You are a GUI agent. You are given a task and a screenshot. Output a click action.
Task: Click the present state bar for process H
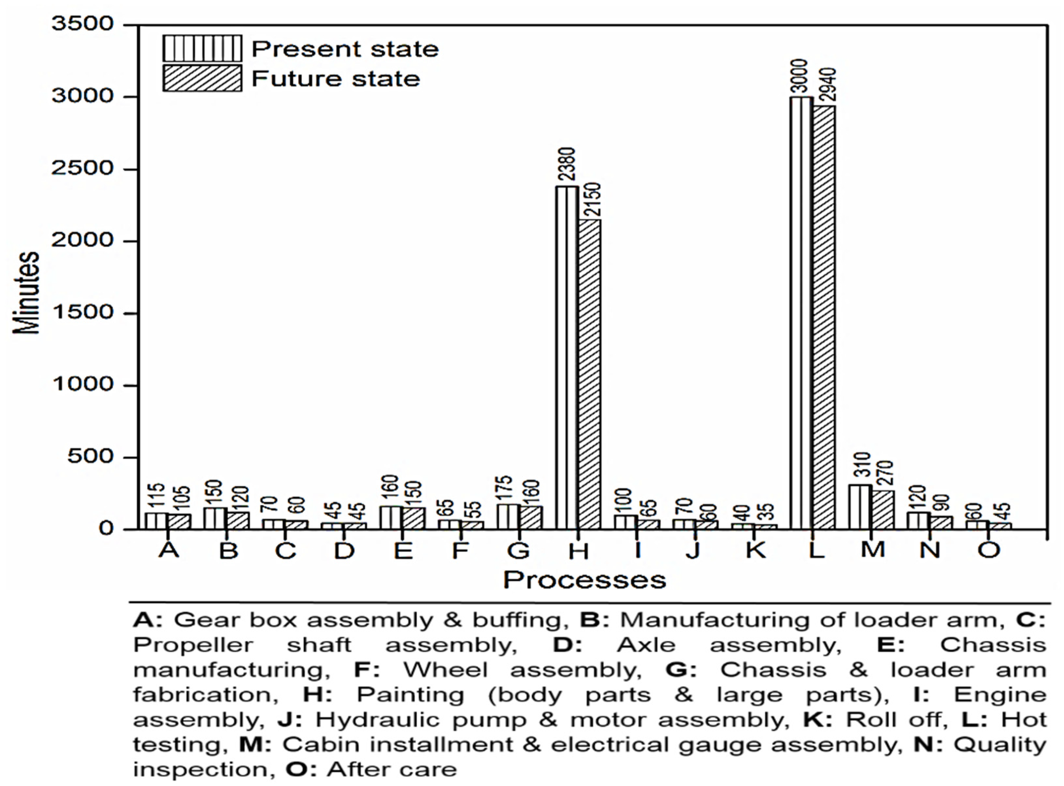567,357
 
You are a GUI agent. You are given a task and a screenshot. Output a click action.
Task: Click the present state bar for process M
860,506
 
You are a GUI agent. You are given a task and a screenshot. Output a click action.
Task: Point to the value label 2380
567,164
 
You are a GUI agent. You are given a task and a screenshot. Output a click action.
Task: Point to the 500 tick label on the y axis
91,457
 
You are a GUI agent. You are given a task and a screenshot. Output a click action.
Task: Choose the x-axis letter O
989,550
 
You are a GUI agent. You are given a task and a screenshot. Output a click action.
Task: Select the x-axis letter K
755,550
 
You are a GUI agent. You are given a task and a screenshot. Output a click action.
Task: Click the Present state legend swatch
202,48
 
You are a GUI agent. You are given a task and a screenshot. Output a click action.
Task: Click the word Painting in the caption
410,695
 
